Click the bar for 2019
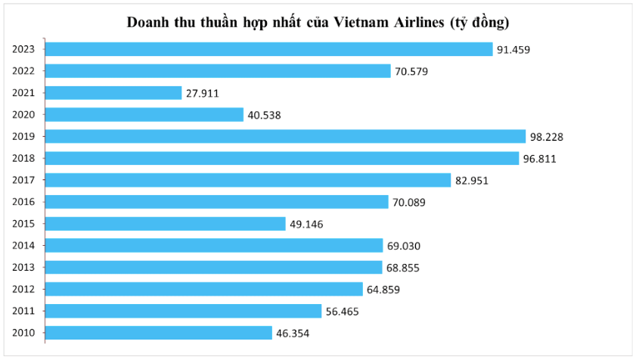pos(286,136)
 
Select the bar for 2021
pos(114,92)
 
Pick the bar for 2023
pos(270,49)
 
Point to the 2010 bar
pos(160,333)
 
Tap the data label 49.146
pos(307,225)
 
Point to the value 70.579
pos(412,71)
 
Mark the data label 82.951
pos(472,181)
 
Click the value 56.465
pos(343,312)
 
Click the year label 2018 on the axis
pos(24,158)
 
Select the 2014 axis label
pos(24,246)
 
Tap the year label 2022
pos(24,71)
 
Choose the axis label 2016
pos(24,202)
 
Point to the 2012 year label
pos(24,289)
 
